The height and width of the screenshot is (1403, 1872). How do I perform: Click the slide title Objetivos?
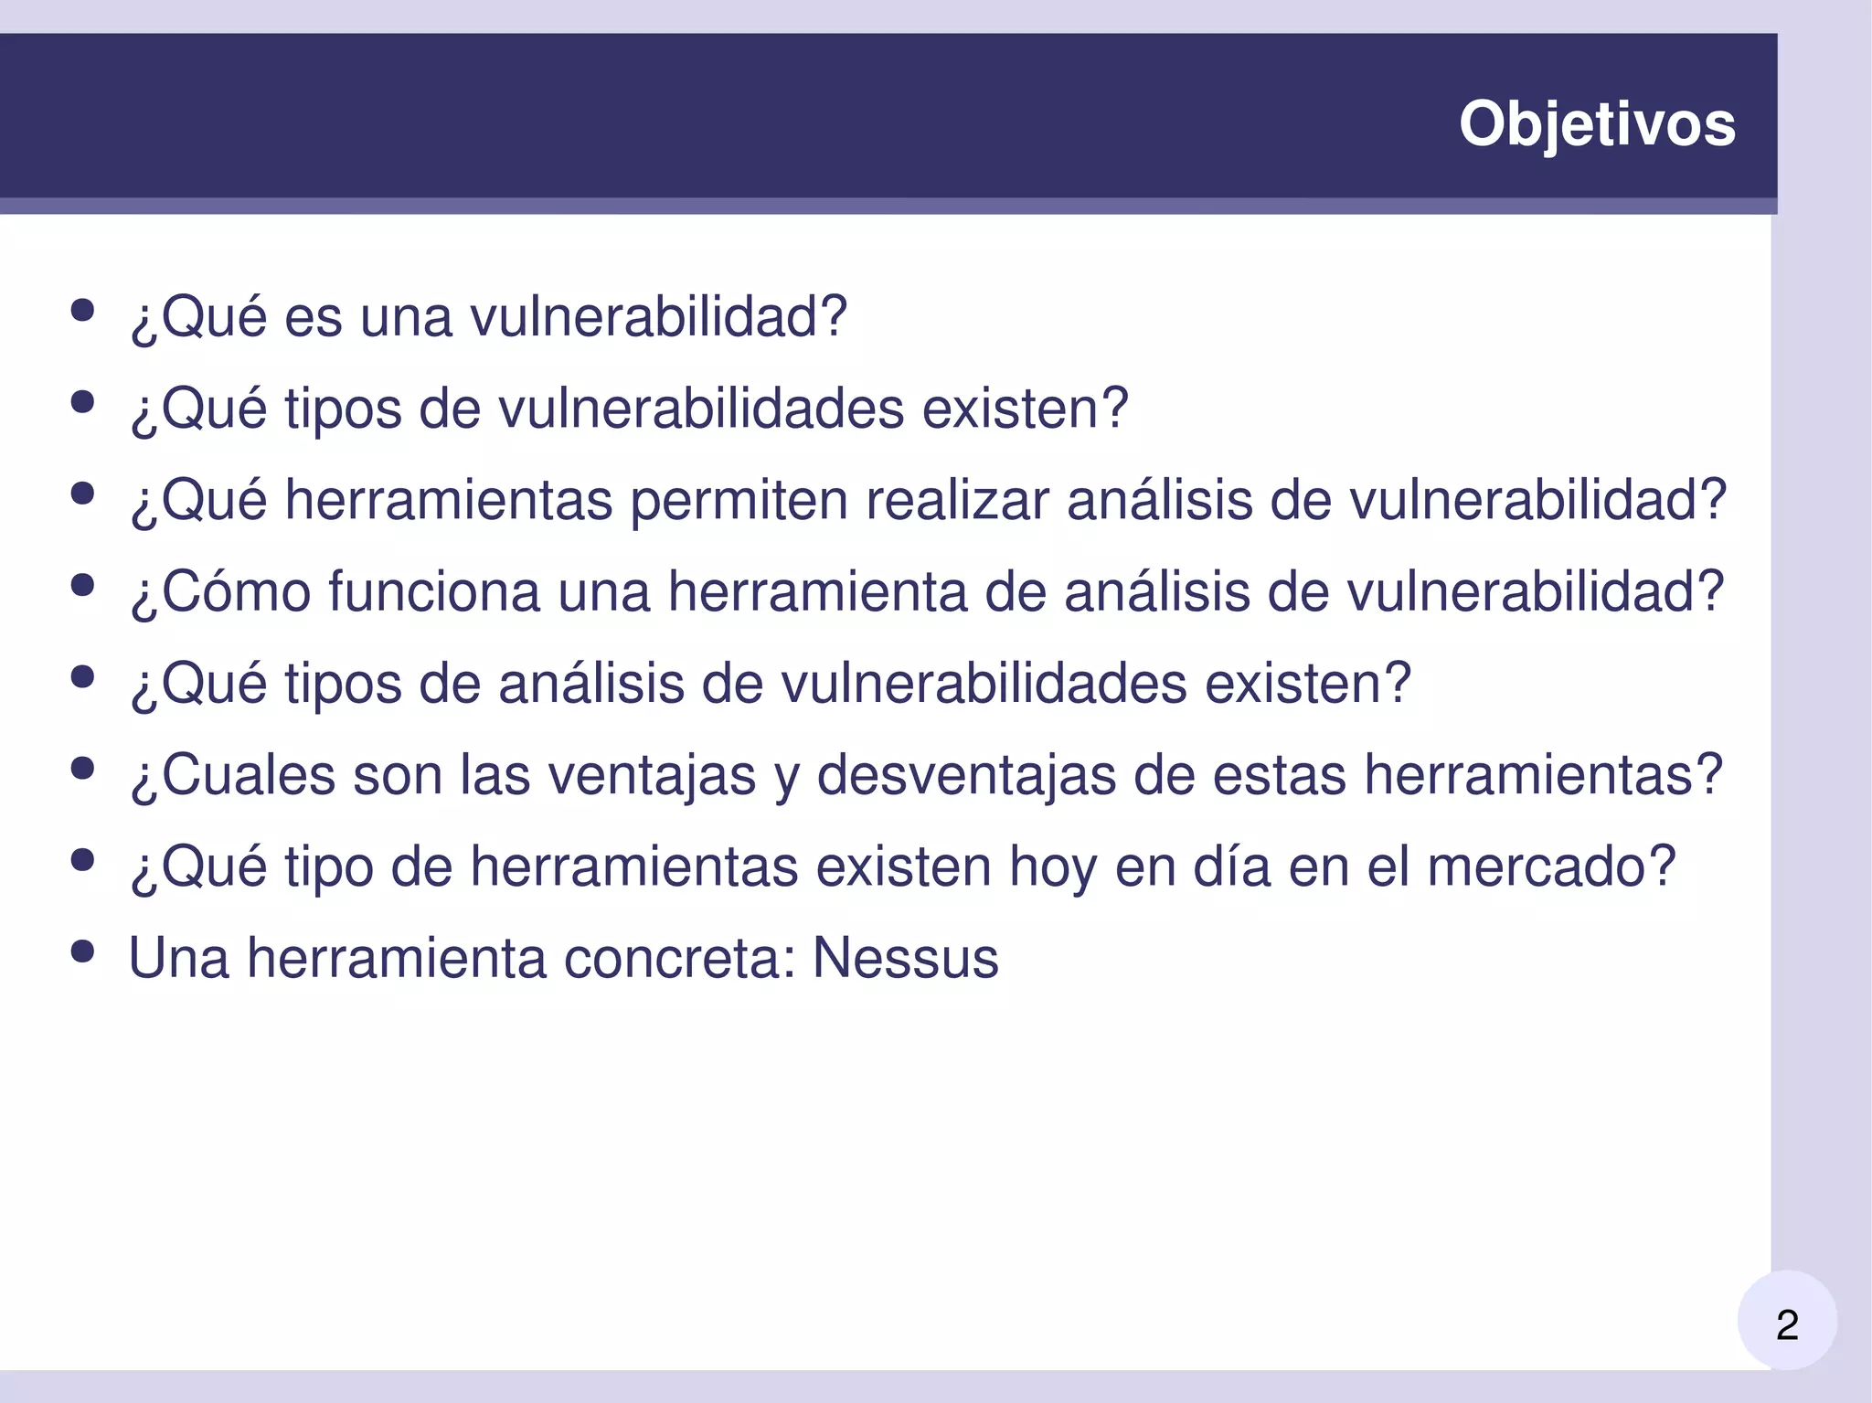tap(1596, 123)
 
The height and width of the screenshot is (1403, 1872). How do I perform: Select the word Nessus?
tap(905, 958)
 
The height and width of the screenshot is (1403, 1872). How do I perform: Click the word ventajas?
tap(652, 775)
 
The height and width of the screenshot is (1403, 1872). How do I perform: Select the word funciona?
tap(434, 591)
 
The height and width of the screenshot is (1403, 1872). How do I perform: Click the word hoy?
tap(1052, 866)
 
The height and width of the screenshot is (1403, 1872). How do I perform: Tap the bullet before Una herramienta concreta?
tap(82, 951)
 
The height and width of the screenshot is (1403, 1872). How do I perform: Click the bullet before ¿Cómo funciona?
tap(82, 585)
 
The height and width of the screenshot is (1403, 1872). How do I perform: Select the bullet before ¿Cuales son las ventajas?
tap(82, 768)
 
